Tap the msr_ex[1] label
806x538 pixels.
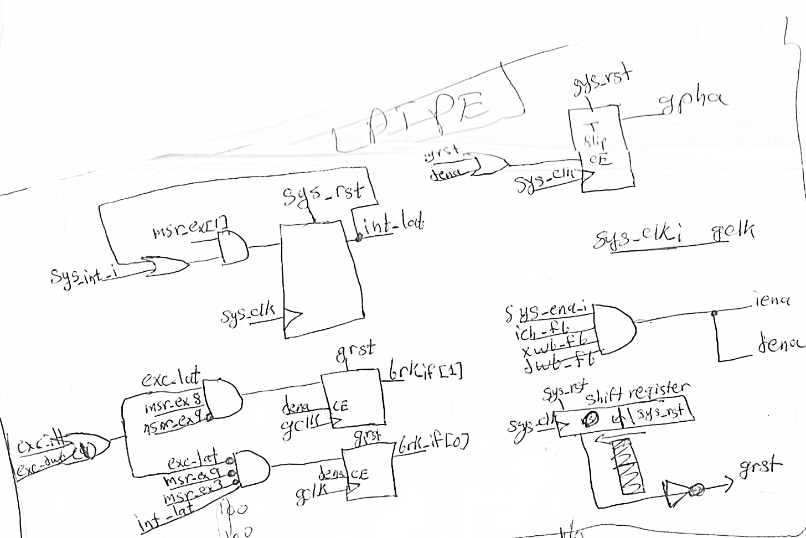point(192,229)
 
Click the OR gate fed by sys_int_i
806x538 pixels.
point(166,266)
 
